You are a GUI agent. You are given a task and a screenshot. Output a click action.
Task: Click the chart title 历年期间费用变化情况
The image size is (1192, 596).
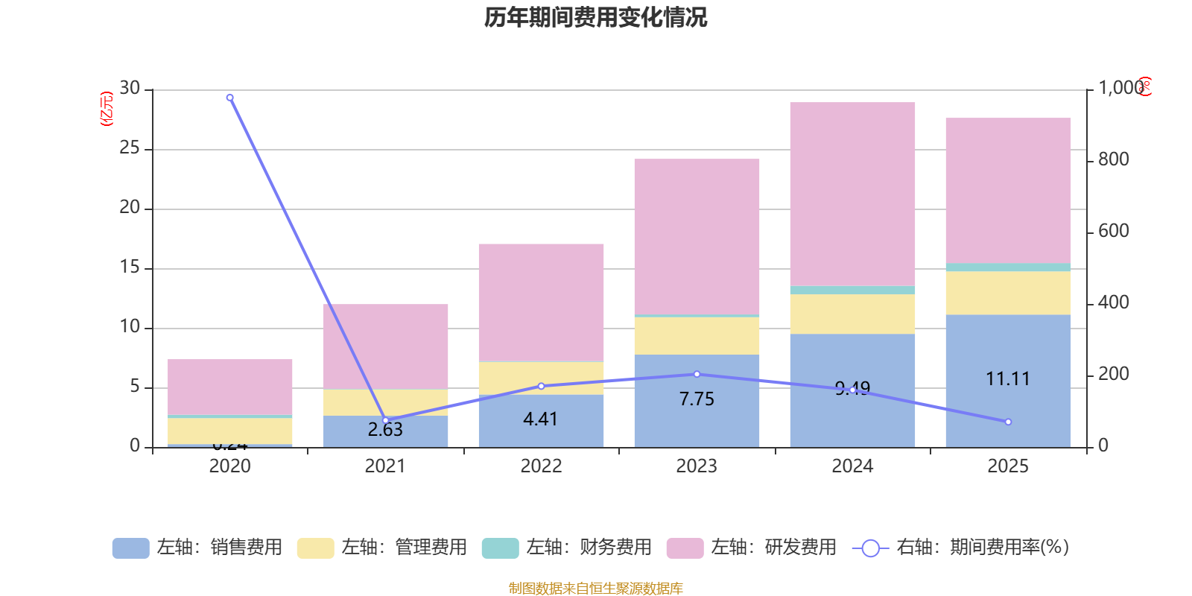coord(595,17)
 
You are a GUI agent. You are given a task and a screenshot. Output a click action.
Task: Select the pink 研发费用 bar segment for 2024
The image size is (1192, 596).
coord(852,194)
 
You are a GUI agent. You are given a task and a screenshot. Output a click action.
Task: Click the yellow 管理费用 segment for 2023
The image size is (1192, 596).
coord(697,336)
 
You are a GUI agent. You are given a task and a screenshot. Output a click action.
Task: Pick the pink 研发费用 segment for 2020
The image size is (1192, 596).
coord(229,387)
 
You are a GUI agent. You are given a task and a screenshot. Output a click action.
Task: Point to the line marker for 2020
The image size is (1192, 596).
coord(229,98)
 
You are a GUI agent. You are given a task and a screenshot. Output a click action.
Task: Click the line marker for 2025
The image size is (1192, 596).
coord(1008,422)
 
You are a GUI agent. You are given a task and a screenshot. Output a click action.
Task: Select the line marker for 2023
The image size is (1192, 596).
coord(697,374)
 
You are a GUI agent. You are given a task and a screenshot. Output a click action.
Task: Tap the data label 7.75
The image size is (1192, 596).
coord(697,399)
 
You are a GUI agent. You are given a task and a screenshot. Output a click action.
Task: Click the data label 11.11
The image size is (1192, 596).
coord(1008,379)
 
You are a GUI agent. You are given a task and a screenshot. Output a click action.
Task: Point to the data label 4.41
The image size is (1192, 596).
coord(541,419)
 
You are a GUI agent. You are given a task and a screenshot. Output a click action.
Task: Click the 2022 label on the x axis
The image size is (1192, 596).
coord(541,466)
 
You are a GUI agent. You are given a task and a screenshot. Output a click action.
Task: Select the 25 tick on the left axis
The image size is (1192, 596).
coord(130,148)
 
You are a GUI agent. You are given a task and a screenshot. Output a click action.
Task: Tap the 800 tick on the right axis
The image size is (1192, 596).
coord(1113,159)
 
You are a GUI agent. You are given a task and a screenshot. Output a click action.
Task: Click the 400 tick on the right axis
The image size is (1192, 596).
coord(1113,302)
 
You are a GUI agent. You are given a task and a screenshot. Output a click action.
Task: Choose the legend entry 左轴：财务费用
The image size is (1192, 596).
coord(567,548)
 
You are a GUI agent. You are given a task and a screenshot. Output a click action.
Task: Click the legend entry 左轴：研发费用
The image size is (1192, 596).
coord(752,548)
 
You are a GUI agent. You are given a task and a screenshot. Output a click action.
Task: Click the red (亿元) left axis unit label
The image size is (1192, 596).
coord(107,109)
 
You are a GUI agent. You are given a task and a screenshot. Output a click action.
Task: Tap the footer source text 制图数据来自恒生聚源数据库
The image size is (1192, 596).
coord(595,589)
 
